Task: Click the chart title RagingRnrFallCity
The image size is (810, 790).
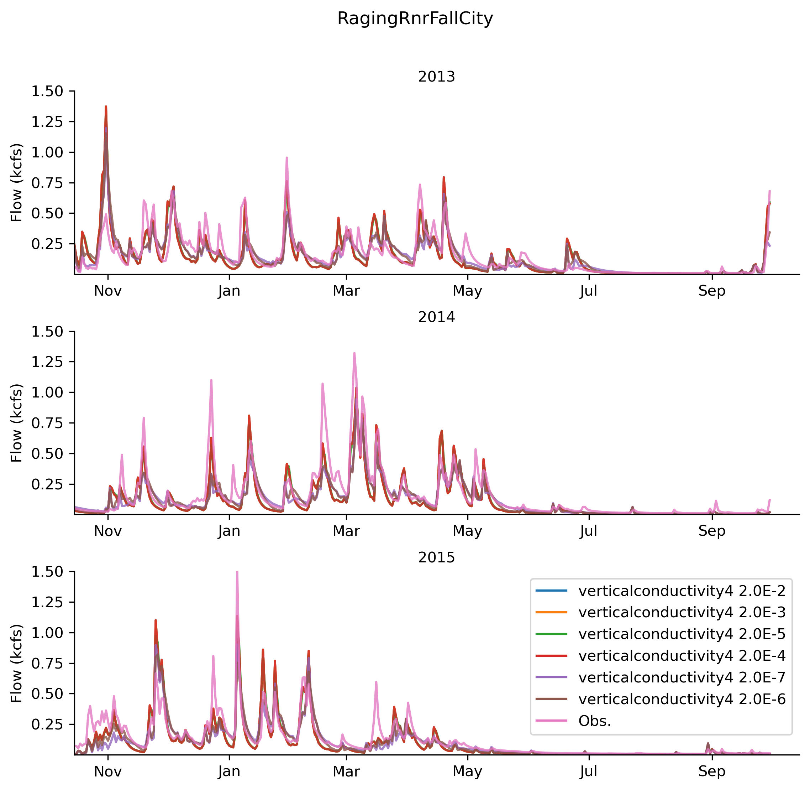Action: (415, 19)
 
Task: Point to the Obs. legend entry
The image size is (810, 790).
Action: (595, 721)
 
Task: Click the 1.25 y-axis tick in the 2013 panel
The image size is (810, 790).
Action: (47, 122)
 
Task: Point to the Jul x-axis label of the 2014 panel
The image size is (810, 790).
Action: (589, 531)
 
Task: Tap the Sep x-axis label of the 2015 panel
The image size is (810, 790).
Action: (712, 771)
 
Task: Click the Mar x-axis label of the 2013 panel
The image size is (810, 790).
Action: (346, 291)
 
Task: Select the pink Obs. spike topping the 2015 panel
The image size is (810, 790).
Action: (237, 573)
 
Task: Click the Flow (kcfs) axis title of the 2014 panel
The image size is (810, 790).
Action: (17, 423)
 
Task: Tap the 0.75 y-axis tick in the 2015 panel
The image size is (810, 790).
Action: (47, 664)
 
